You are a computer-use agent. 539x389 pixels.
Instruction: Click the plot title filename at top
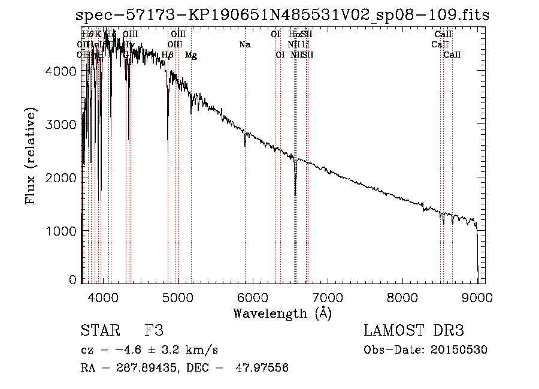tap(287, 15)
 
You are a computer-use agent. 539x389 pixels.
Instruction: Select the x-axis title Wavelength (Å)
tap(282, 313)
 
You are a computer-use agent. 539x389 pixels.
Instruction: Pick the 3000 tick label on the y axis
tap(61, 125)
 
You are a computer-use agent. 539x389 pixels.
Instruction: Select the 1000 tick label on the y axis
tap(61, 231)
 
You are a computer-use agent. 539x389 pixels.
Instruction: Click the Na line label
tap(244, 45)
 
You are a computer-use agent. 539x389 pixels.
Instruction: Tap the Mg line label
tap(191, 55)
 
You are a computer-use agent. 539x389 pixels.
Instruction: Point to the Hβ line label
tap(168, 55)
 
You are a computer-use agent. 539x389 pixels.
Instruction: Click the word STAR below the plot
tap(99, 331)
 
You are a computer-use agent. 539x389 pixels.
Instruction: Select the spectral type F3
tap(154, 331)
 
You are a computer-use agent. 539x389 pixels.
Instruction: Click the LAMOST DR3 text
tap(414, 331)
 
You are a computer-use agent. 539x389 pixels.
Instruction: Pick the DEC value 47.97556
tap(263, 368)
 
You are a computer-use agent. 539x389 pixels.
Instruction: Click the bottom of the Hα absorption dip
tap(295, 195)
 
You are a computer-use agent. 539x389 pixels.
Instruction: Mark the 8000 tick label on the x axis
tap(402, 298)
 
